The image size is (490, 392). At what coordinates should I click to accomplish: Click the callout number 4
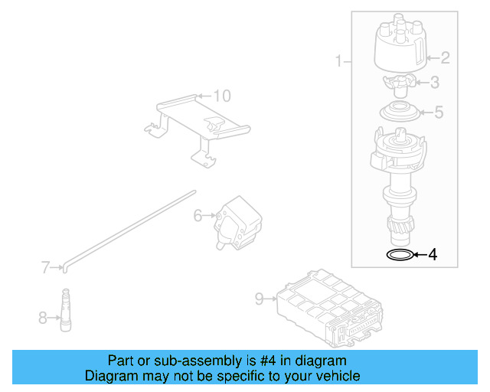[433, 255]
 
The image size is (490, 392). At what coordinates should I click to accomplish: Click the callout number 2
[445, 57]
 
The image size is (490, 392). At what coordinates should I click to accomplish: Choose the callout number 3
[434, 83]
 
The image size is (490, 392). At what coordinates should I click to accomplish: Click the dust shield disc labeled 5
[400, 112]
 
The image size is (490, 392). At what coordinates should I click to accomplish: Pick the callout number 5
[438, 113]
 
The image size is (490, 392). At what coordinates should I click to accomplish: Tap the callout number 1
[338, 60]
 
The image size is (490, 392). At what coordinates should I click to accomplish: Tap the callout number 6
[197, 216]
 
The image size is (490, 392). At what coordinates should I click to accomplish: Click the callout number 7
[45, 267]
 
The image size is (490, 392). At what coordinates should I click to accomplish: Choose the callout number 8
[43, 316]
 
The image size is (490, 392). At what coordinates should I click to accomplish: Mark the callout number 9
[259, 299]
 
